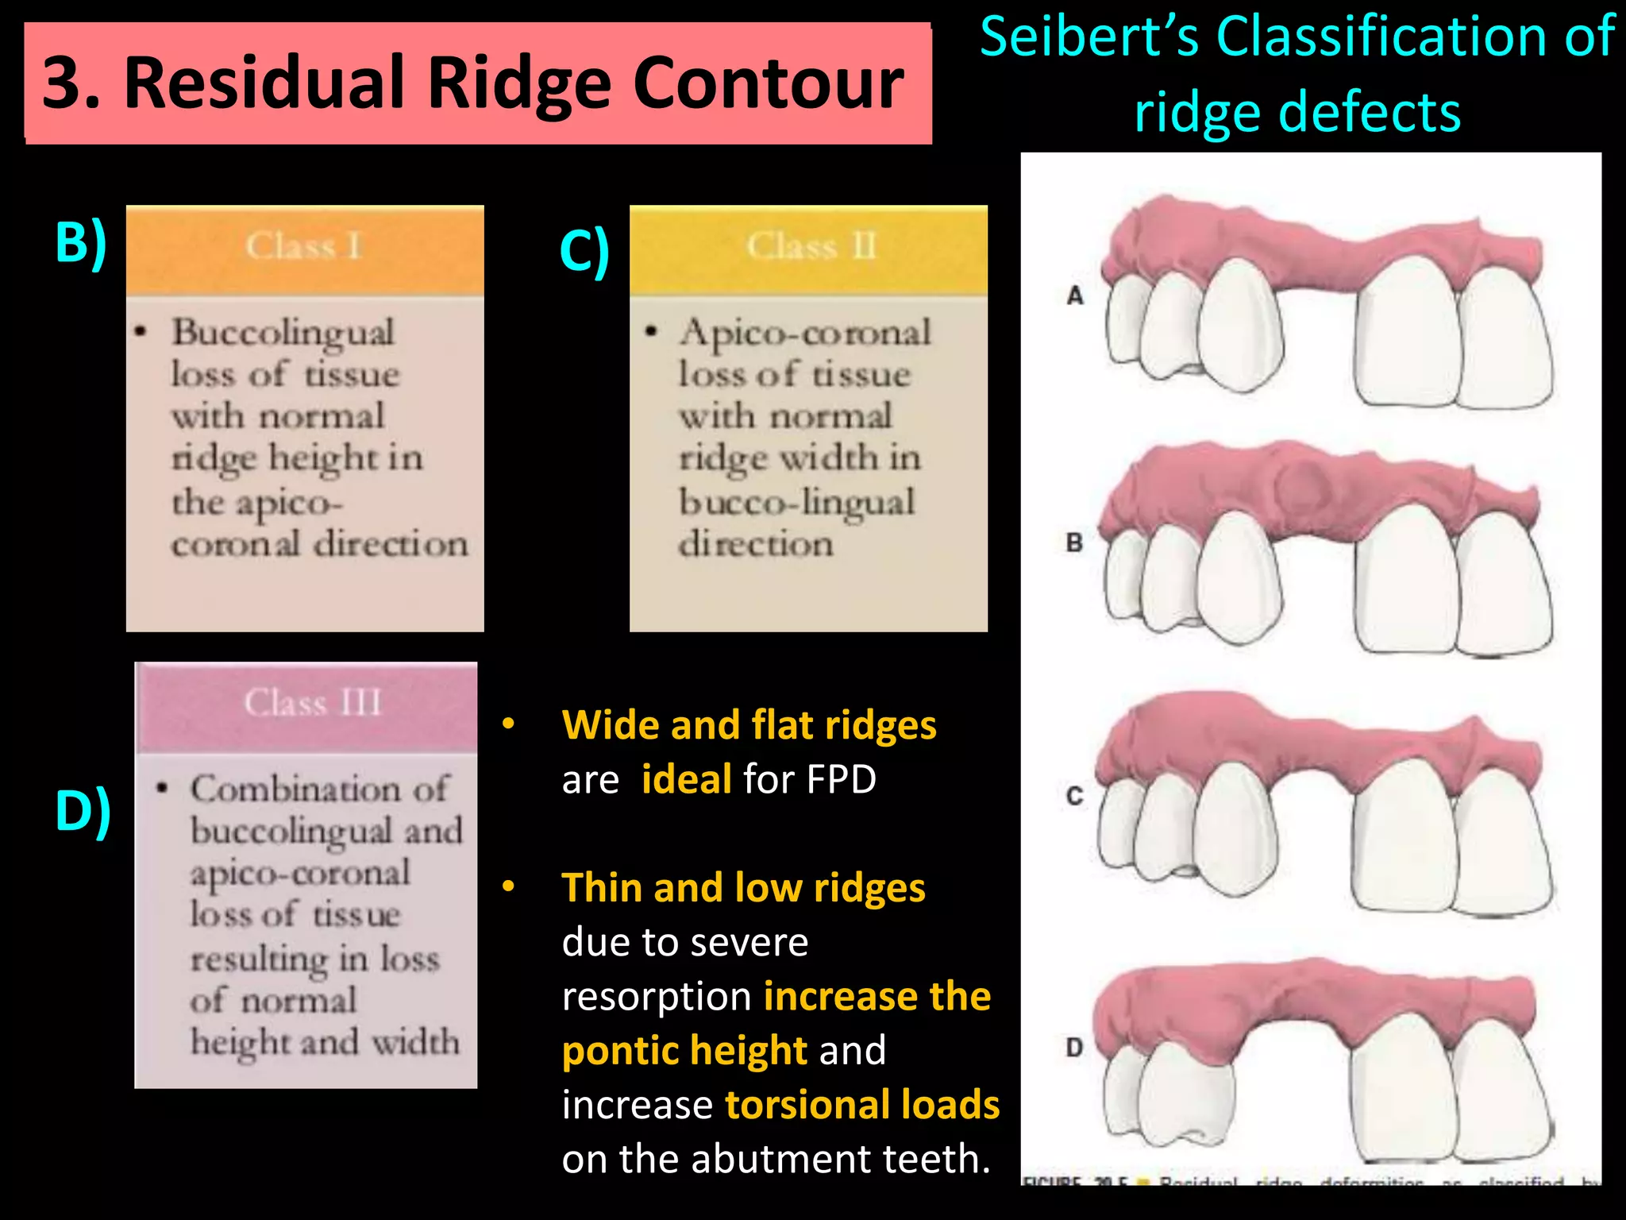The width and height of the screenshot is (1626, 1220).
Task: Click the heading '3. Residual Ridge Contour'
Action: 474,83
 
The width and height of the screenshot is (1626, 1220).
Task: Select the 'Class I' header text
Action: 304,247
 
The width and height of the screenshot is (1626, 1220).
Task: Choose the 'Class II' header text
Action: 811,247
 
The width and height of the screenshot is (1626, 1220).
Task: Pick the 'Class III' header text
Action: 313,704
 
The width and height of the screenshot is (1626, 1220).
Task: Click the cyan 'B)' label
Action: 80,243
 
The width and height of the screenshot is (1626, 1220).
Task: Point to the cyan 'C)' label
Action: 584,251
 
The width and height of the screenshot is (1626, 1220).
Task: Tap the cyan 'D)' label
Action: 83,811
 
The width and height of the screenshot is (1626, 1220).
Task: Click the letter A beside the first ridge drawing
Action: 1075,295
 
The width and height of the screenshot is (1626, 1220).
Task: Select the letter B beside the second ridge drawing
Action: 1074,543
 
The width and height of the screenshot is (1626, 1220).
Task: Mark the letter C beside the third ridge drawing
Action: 1074,796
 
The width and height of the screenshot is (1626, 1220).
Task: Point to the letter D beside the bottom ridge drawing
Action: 1074,1048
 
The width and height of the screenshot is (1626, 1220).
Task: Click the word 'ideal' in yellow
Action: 687,779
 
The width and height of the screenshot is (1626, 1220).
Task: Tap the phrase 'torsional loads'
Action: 862,1105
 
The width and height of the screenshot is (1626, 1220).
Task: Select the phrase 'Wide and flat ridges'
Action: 749,725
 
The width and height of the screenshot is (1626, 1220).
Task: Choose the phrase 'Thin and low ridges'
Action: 743,888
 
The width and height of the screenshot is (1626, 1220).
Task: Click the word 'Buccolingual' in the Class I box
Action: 283,334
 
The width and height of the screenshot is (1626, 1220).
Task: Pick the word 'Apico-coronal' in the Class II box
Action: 805,334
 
